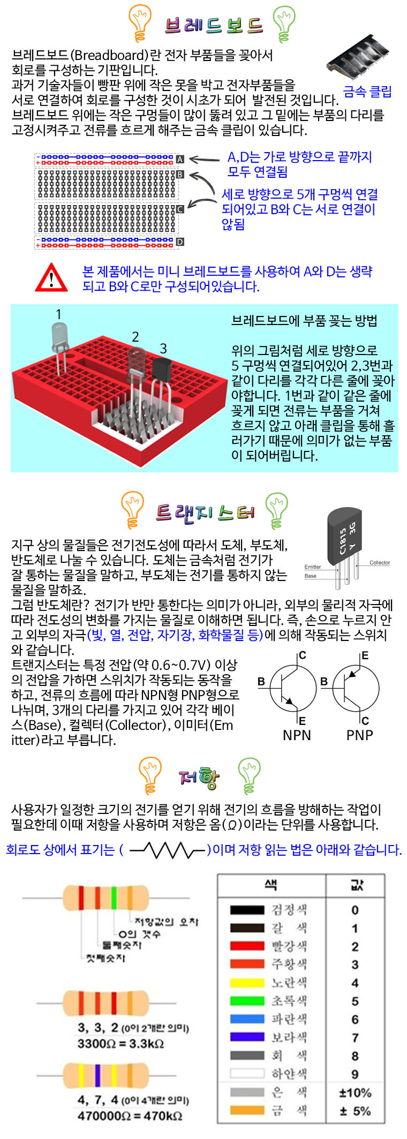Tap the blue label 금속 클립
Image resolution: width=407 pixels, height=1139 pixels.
click(x=367, y=92)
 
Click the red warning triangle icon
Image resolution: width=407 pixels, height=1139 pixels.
click(x=51, y=277)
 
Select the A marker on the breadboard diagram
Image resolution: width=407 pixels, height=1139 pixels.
click(x=180, y=159)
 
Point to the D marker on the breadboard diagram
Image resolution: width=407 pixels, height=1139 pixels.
click(x=180, y=242)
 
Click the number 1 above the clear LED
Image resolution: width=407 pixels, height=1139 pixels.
click(x=58, y=314)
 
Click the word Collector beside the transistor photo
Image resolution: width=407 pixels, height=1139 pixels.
click(x=380, y=563)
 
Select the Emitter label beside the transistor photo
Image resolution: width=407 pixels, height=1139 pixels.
click(x=313, y=567)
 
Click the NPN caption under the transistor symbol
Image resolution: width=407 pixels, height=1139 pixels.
click(x=297, y=735)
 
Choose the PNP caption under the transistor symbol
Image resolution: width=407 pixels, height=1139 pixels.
click(x=359, y=735)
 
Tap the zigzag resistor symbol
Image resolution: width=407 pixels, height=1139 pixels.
click(x=168, y=849)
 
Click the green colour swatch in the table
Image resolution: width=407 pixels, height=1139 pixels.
click(x=247, y=1000)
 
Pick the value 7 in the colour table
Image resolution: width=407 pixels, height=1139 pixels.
click(x=355, y=1037)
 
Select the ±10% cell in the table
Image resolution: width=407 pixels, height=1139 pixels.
click(x=355, y=1092)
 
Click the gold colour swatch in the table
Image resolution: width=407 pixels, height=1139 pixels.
click(x=247, y=1110)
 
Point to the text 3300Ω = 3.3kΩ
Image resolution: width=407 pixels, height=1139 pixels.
click(x=120, y=1044)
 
